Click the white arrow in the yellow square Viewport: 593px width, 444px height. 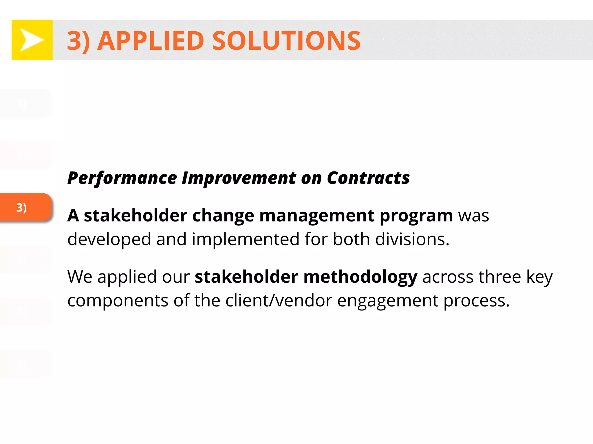coord(32,40)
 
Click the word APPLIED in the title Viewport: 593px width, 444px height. coord(151,41)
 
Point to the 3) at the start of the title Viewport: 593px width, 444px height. coord(78,41)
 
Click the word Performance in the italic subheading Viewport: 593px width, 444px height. coord(122,178)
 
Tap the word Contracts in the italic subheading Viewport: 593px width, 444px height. coord(368,178)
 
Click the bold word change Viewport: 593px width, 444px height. coord(223,216)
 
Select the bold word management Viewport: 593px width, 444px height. coord(317,216)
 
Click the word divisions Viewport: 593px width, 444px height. coord(412,239)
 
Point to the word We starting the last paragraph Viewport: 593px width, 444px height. coord(80,277)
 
